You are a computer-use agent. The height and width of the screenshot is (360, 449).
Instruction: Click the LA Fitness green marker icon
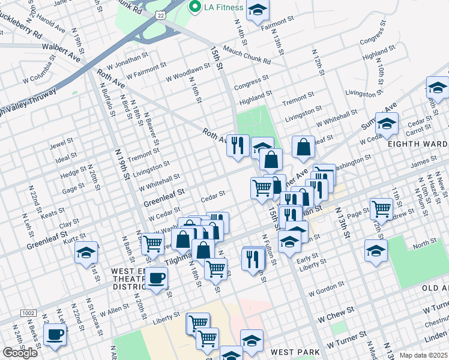point(194,7)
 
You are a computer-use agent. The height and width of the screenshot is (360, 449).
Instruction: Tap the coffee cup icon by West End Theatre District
point(157,278)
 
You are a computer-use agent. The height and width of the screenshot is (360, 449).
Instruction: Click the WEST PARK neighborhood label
point(292,352)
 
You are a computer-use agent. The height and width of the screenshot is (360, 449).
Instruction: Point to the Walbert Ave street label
point(61,47)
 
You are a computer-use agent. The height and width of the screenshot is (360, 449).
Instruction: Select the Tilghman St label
point(180,259)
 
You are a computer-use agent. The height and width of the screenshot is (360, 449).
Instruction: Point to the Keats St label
point(52,212)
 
